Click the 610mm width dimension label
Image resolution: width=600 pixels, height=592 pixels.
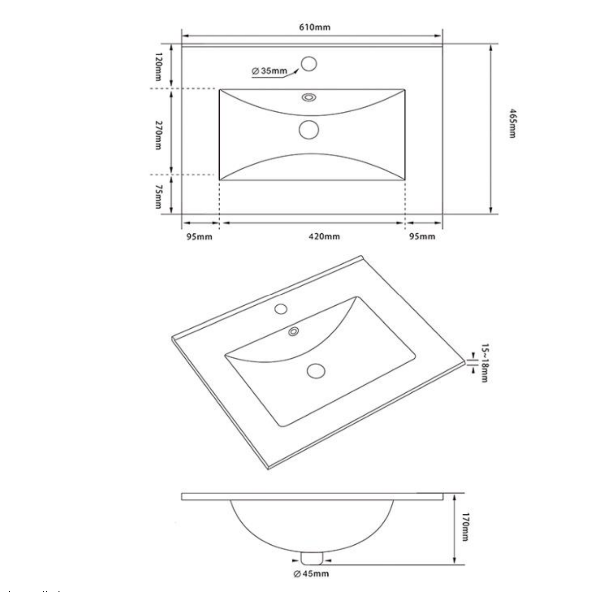pos(315,27)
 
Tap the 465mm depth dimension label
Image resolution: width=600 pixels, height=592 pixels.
pos(511,123)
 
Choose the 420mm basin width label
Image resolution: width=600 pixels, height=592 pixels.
pos(324,237)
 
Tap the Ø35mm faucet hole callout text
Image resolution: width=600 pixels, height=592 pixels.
pos(269,71)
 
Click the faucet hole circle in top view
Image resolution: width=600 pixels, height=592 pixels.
pos(309,64)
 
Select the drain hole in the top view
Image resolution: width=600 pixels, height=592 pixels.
pos(309,130)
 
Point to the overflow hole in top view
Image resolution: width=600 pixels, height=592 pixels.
pos(309,97)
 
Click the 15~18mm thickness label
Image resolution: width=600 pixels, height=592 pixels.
pos(484,363)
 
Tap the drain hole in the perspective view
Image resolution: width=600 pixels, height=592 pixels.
pos(316,371)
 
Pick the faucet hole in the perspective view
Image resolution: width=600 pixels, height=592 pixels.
pos(281,309)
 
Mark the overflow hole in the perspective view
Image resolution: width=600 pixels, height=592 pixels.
pos(293,331)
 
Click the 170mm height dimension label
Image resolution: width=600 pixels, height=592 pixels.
pos(465,527)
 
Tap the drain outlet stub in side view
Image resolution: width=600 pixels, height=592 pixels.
pos(312,558)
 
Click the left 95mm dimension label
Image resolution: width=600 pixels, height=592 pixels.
pos(199,237)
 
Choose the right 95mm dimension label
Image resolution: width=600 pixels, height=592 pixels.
pos(422,237)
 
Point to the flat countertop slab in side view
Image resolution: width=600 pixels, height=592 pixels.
pos(312,497)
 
